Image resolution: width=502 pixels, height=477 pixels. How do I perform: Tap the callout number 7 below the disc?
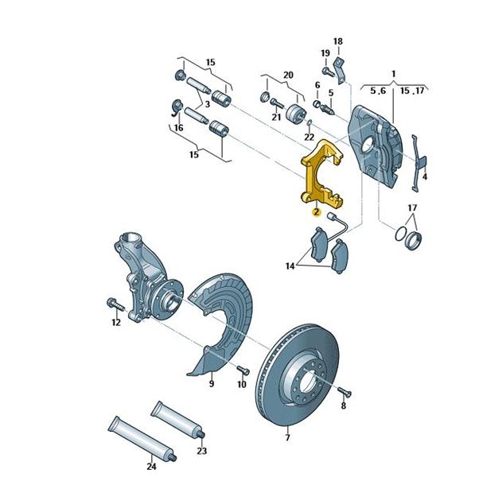coord(288,437)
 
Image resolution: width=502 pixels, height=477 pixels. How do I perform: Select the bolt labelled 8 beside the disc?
coord(343,391)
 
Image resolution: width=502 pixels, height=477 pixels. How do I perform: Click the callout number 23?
coord(201,451)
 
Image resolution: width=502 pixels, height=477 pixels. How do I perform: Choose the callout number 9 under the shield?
coord(212,384)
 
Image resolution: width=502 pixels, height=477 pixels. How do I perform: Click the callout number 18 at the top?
coord(337,41)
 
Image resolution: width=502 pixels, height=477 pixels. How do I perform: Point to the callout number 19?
coord(325,53)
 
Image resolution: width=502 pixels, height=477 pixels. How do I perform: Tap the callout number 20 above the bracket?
coord(287,75)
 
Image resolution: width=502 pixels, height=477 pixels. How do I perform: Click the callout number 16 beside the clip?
coord(178,127)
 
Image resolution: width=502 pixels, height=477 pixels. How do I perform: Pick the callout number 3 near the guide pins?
coord(206,104)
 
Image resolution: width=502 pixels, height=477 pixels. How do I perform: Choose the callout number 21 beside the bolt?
coord(275,118)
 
